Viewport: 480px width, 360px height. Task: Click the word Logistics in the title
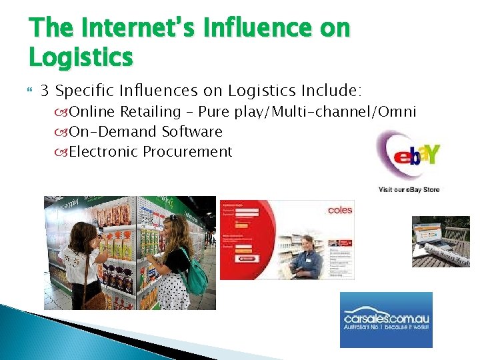[81, 57]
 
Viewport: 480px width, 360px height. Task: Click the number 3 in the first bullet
[45, 90]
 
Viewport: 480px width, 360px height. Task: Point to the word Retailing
[151, 111]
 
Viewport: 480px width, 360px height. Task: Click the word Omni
[397, 111]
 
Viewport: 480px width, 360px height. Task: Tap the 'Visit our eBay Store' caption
[409, 189]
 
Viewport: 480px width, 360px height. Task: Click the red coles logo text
[340, 210]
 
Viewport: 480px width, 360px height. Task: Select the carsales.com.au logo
[386, 320]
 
